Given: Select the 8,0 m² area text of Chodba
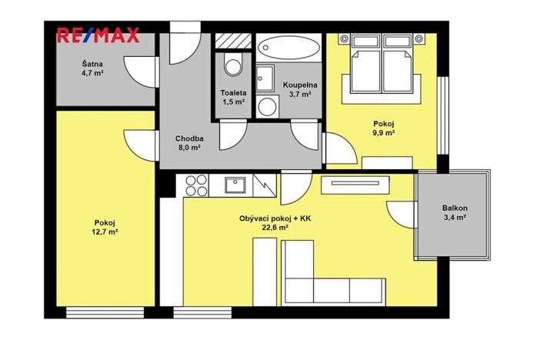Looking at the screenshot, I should click(x=188, y=148).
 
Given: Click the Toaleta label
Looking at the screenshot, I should click(x=233, y=92).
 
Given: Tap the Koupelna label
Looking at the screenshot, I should click(x=299, y=85).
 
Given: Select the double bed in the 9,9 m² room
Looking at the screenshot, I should click(x=382, y=68).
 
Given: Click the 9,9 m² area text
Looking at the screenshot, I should click(x=384, y=132).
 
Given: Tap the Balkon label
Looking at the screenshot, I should click(x=455, y=208).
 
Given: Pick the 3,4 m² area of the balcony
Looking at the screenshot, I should click(x=455, y=218).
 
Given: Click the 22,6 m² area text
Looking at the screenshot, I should click(x=275, y=228).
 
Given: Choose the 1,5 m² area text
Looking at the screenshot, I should click(x=233, y=102).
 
